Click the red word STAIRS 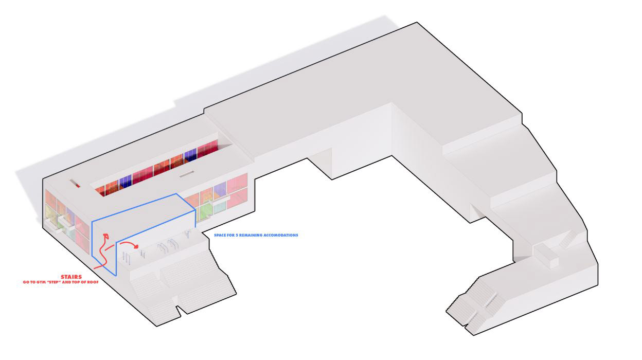pos(71,277)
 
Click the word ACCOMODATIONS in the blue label pos(281,235)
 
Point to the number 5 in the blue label pos(238,235)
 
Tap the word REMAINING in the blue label pos(251,235)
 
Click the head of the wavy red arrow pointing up pos(106,236)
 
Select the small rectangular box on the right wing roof pos(546,256)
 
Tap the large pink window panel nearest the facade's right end pos(237,184)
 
